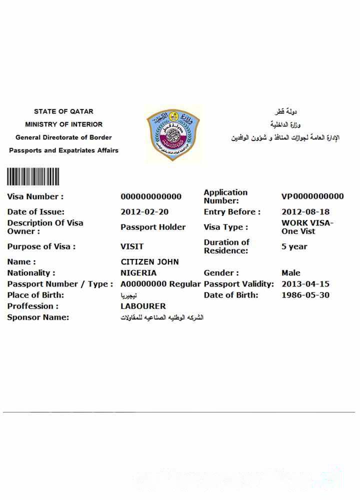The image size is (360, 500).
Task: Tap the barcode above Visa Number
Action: pyautogui.click(x=33, y=176)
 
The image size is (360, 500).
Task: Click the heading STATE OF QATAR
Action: pyautogui.click(x=63, y=111)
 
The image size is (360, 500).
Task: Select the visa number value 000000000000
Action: pyautogui.click(x=151, y=196)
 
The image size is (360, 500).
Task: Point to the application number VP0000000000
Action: pyautogui.click(x=312, y=196)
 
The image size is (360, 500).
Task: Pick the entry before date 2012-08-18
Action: pyautogui.click(x=305, y=212)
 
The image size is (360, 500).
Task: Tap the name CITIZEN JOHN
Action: pyautogui.click(x=149, y=262)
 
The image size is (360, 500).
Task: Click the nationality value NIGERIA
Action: pyautogui.click(x=138, y=273)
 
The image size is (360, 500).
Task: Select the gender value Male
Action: pyautogui.click(x=291, y=273)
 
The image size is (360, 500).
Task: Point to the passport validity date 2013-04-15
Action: pyautogui.click(x=305, y=284)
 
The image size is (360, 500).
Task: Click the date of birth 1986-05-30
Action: pyautogui.click(x=305, y=295)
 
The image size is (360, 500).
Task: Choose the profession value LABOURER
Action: pyautogui.click(x=143, y=306)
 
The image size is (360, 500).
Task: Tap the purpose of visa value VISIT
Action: pyautogui.click(x=132, y=246)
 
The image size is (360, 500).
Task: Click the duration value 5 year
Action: pyautogui.click(x=294, y=246)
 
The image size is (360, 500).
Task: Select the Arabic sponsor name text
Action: pyautogui.click(x=162, y=317)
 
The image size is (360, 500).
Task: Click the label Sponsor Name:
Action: pyautogui.click(x=38, y=317)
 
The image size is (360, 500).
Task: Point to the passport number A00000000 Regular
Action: pyautogui.click(x=160, y=284)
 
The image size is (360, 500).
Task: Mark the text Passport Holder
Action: pyautogui.click(x=153, y=227)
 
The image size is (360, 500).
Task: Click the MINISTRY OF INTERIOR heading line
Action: pyautogui.click(x=63, y=124)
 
